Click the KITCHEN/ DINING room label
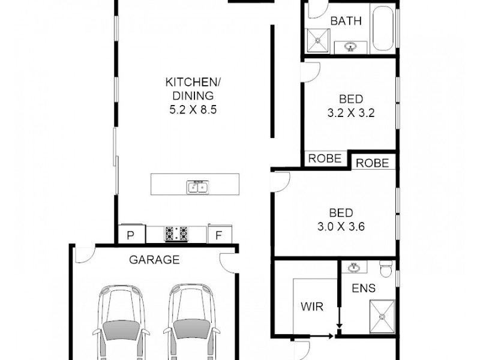(191, 89)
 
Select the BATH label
(346, 22)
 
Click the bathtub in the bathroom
(383, 29)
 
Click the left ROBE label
(325, 159)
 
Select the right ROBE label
(373, 163)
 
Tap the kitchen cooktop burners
(176, 233)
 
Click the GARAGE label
(155, 260)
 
